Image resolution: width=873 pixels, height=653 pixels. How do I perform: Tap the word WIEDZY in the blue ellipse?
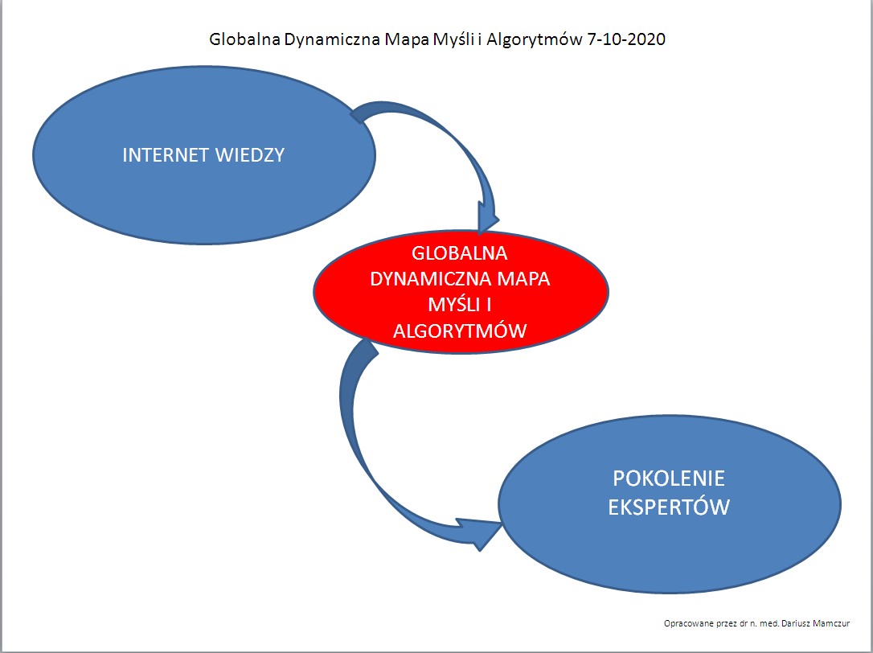coord(250,155)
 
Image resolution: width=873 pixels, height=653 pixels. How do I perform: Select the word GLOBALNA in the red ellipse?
coord(460,253)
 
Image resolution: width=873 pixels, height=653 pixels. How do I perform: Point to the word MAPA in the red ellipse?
coord(524,278)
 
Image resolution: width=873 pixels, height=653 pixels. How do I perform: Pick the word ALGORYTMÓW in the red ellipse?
coord(460,331)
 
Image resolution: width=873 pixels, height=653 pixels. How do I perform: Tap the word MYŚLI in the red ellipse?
coord(452,304)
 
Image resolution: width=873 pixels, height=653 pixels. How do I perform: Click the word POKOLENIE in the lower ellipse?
coord(669,478)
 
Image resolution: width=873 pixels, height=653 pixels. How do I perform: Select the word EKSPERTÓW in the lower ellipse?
coord(669,507)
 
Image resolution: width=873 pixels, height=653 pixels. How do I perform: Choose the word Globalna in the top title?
coord(244,39)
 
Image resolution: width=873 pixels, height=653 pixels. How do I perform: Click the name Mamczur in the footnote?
coord(831,623)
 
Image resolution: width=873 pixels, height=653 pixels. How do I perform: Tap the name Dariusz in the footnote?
coord(796,623)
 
